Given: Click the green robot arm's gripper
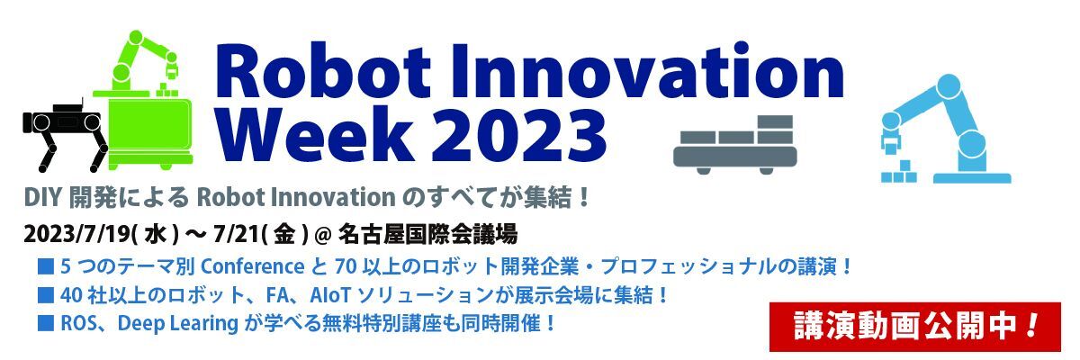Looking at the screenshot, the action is click(x=171, y=67).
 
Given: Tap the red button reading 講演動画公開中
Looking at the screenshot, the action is click(x=914, y=327).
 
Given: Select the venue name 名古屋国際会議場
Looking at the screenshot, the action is click(x=427, y=235).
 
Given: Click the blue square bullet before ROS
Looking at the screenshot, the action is click(x=45, y=323).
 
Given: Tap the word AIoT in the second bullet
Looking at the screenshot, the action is click(x=329, y=295).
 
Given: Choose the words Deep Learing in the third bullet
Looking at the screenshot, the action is click(x=178, y=323).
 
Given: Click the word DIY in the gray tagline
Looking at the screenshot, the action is click(x=42, y=198).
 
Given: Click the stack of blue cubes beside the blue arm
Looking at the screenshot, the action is click(x=899, y=173).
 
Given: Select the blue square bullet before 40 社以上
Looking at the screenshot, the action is click(x=45, y=295).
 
